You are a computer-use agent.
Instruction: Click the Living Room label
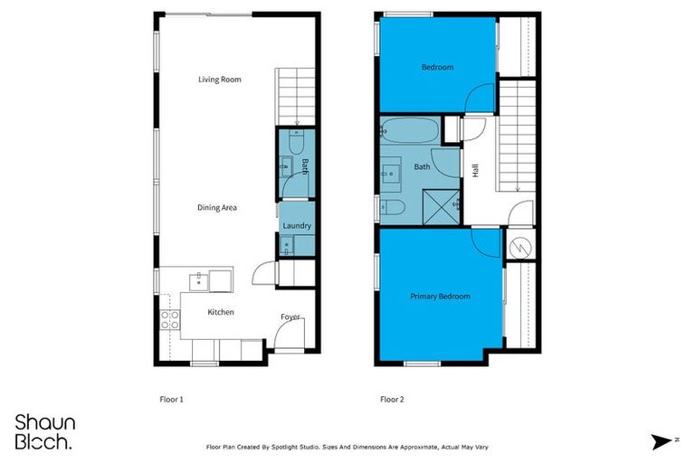220,80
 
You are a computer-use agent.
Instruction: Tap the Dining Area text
217,208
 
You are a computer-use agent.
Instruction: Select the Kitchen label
221,312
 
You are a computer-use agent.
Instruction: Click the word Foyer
290,317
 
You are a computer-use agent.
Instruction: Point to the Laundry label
297,226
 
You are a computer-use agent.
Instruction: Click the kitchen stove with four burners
169,317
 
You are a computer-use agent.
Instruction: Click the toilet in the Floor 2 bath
393,207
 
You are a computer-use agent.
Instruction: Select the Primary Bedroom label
440,296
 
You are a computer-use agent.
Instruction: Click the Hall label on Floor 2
475,169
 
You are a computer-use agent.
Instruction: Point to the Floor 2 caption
391,398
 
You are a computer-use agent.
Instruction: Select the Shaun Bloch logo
45,431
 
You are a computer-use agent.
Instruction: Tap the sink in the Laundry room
286,245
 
